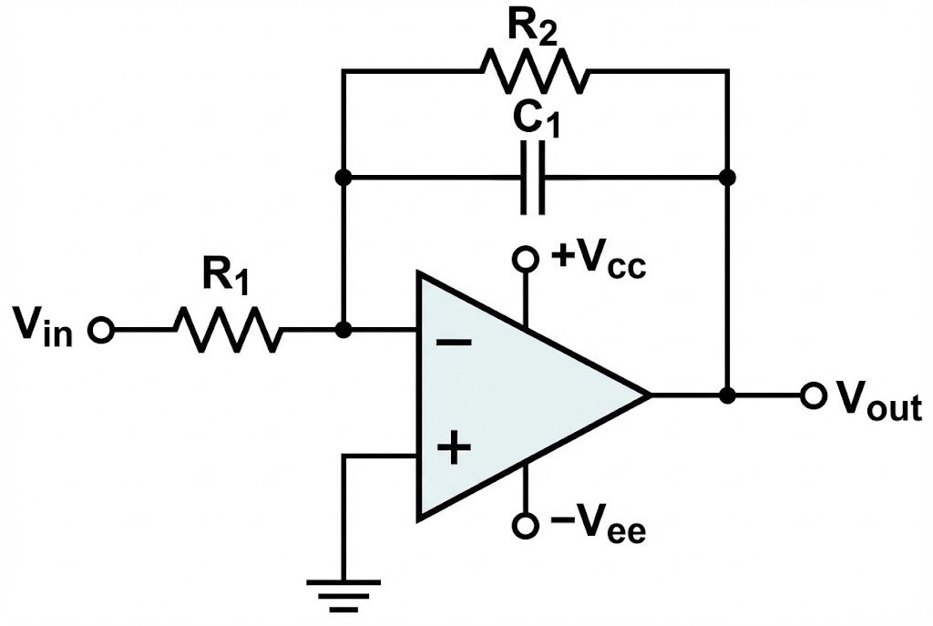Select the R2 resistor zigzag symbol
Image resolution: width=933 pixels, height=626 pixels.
(x=535, y=69)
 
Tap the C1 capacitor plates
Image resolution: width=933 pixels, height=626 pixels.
(x=534, y=177)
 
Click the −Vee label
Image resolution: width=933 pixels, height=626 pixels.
(x=598, y=528)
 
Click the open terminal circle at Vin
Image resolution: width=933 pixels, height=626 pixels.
(x=100, y=331)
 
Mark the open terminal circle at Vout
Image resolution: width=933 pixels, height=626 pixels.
(x=811, y=395)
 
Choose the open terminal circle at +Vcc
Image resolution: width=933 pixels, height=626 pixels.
(x=525, y=260)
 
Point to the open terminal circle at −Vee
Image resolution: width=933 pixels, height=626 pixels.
(x=525, y=526)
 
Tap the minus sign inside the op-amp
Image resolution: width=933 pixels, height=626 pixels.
(x=453, y=343)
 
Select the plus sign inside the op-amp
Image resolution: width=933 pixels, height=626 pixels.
(x=453, y=448)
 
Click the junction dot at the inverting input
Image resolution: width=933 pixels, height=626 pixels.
(x=343, y=331)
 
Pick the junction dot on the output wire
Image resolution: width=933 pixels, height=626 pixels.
(x=727, y=395)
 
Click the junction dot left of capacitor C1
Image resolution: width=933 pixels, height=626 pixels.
(x=343, y=177)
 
